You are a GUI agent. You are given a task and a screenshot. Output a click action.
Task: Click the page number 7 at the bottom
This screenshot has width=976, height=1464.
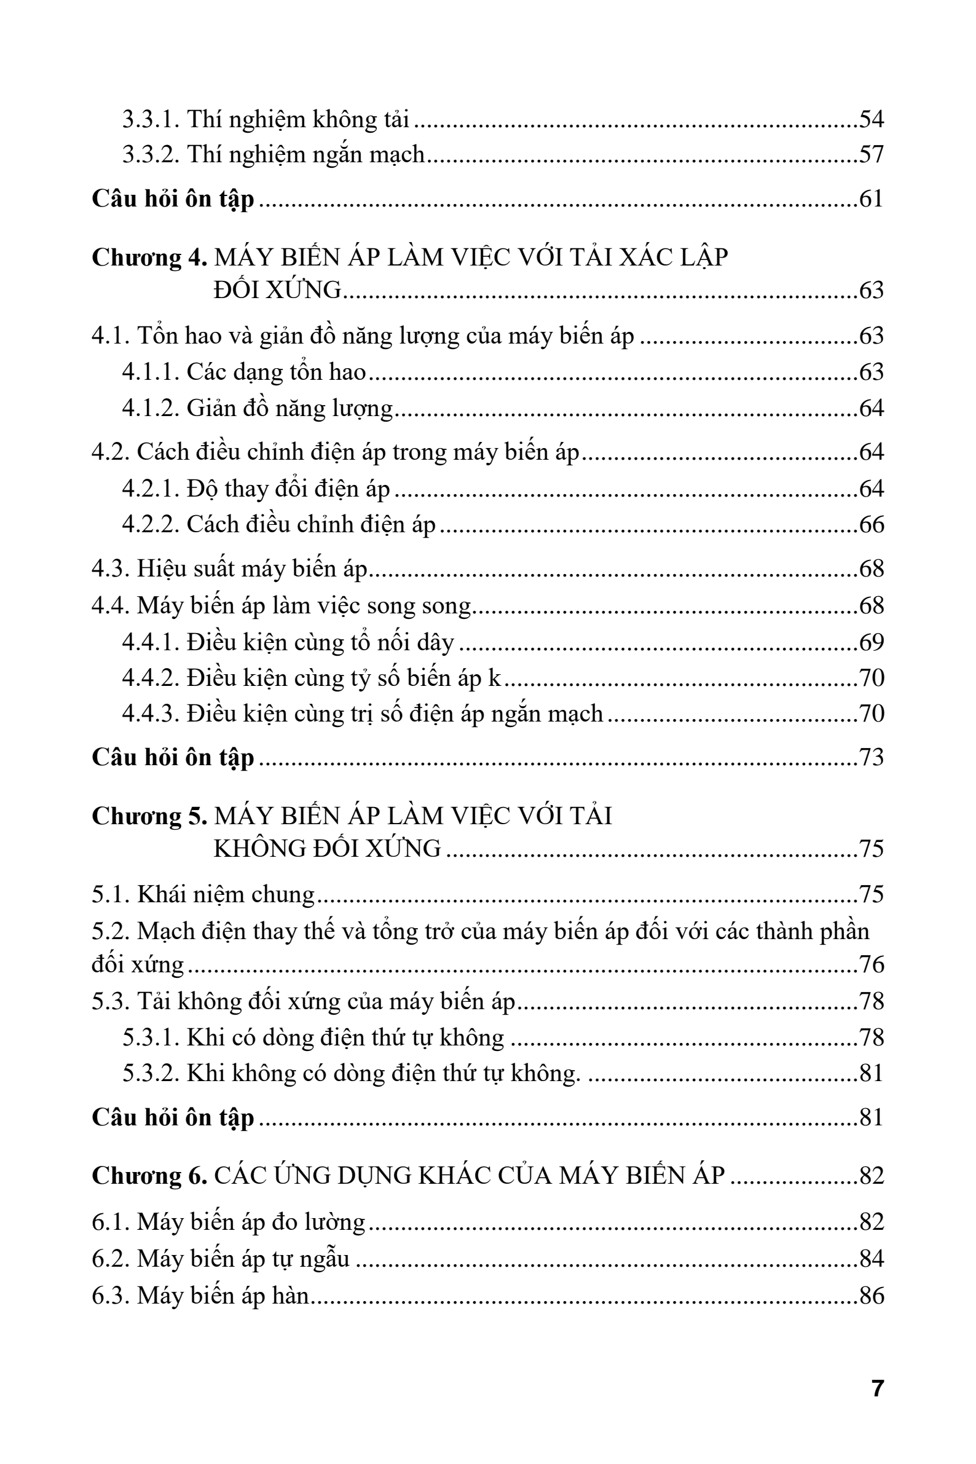[x=878, y=1388]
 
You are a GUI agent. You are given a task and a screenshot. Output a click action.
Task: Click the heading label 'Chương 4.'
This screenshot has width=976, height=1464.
[x=149, y=258]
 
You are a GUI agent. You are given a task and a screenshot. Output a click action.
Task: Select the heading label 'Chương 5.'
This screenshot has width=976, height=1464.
[x=149, y=816]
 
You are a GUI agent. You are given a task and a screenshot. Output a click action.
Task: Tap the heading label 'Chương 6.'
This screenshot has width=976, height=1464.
[x=149, y=1176]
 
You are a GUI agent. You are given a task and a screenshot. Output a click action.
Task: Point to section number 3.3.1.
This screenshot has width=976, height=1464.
[x=151, y=119]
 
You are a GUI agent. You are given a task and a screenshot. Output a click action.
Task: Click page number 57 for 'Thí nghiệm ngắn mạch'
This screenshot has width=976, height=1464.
[x=872, y=154]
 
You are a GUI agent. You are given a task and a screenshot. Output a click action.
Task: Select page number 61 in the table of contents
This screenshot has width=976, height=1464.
[x=872, y=199]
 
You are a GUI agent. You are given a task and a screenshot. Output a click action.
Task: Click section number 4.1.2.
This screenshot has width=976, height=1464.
[x=151, y=408]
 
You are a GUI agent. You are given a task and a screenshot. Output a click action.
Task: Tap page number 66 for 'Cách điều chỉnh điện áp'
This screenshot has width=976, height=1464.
[x=872, y=525]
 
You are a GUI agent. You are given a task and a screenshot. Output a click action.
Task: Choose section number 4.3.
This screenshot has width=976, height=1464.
[x=111, y=569]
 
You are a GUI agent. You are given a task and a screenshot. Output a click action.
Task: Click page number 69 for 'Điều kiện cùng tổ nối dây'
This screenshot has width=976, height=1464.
[x=872, y=642]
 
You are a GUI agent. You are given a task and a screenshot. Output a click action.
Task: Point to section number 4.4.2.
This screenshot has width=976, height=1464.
[x=151, y=678]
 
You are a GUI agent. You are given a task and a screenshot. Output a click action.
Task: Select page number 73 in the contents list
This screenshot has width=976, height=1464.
[x=872, y=758]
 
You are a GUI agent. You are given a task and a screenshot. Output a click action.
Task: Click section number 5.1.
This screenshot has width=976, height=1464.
[x=111, y=895]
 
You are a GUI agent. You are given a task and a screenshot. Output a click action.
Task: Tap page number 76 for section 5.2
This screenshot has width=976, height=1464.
[x=872, y=965]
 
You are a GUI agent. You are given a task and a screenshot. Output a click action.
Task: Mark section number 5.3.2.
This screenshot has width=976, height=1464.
[x=151, y=1074]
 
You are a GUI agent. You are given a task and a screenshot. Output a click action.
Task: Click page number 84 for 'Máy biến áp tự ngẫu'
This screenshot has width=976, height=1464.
[x=872, y=1259]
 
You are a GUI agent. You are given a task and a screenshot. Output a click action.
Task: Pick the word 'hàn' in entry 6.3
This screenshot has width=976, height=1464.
[x=290, y=1296]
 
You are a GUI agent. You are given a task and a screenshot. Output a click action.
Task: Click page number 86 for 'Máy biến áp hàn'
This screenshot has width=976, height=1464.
[x=872, y=1296]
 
